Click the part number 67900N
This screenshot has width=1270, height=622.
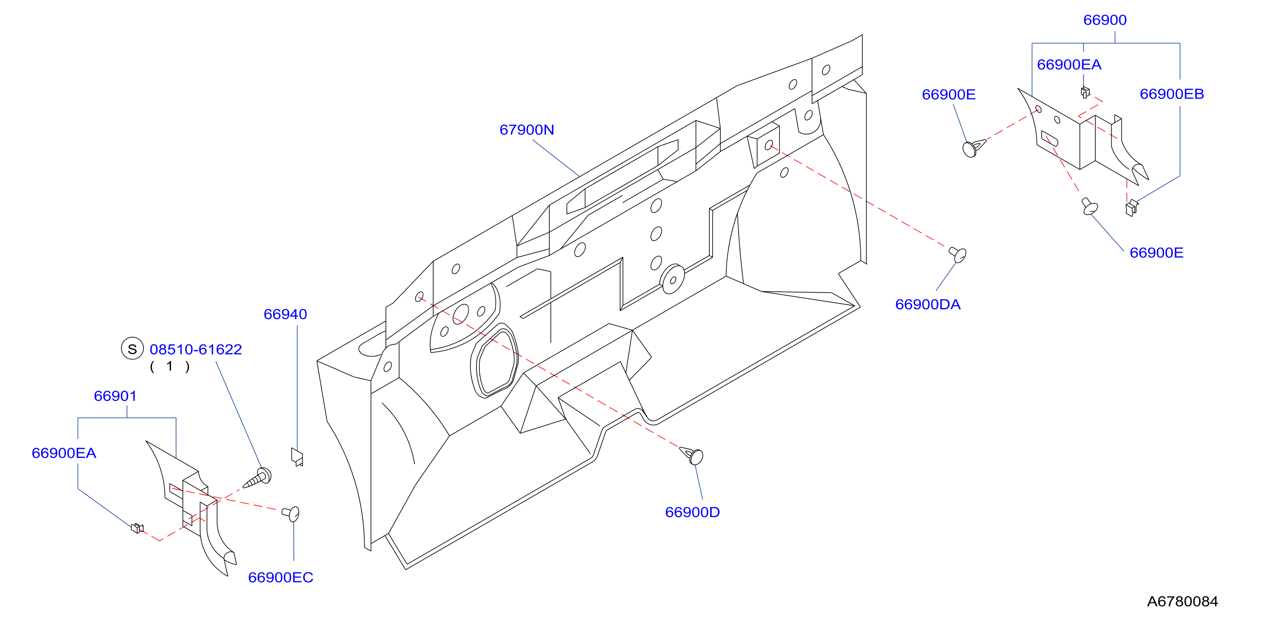coord(527,130)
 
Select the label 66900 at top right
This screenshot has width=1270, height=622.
coord(1105,20)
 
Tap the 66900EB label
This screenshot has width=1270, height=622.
coord(1172,94)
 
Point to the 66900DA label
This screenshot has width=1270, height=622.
coord(928,304)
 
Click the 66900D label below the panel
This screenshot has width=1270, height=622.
coord(692,512)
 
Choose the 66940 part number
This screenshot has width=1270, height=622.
coord(285,314)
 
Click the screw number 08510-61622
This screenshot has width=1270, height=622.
coord(196,349)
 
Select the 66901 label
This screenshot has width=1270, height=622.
coord(115,396)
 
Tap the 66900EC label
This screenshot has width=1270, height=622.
coord(281,577)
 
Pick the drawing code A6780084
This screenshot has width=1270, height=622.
coord(1182,601)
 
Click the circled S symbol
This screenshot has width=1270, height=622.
coord(132,348)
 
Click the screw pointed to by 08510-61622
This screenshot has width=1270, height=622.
coord(258,477)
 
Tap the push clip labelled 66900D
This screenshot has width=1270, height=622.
coord(692,455)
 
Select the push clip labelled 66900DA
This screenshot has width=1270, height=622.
coord(958,254)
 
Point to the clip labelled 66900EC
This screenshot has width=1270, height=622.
coord(291,513)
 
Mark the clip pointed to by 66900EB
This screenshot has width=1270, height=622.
coord(1131,207)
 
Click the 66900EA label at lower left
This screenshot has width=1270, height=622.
coord(64,453)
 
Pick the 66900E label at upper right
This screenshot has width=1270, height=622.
coord(949,94)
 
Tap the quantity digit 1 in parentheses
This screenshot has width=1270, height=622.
coord(170,366)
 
